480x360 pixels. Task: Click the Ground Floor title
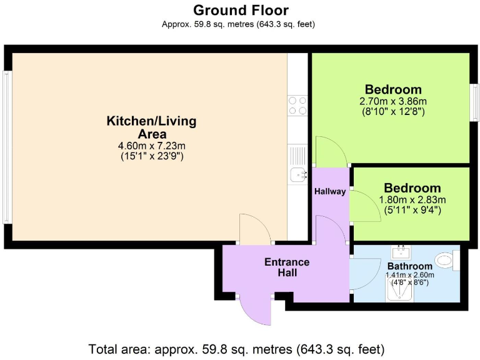pos(241,10)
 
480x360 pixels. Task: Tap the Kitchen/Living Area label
pos(151,127)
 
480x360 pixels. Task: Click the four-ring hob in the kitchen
pos(297,105)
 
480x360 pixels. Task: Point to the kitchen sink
pos(298,174)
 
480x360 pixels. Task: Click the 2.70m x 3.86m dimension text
pos(393,101)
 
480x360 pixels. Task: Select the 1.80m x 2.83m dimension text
pos(412,200)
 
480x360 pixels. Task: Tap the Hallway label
pos(330,192)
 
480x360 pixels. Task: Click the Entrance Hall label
pos(287,267)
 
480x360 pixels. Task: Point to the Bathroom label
pos(409,266)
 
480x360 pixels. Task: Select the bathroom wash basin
pos(401,252)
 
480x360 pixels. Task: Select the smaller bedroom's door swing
pos(365,206)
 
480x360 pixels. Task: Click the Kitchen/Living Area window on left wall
pos(7,147)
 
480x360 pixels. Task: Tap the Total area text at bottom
pos(236,349)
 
